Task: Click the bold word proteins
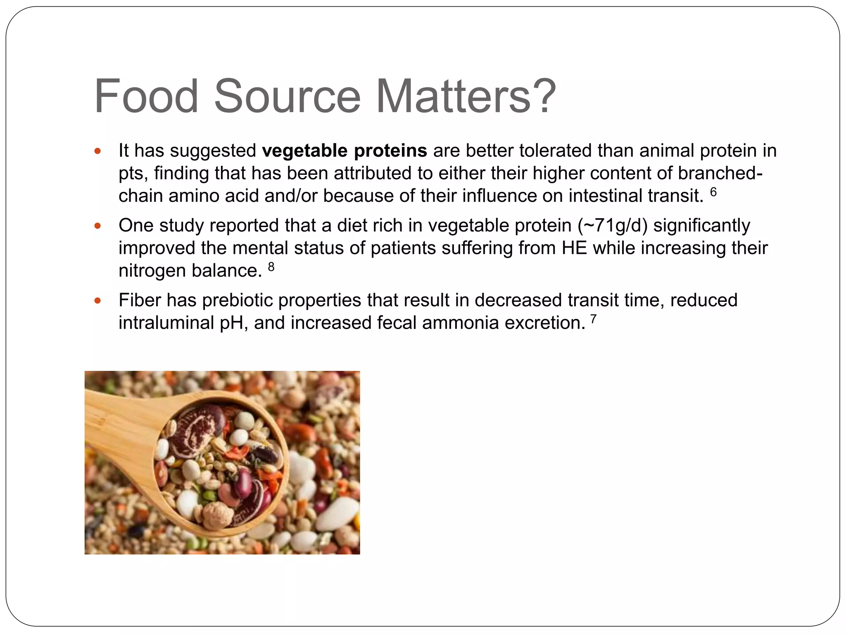pos(390,151)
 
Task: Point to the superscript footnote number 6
pos(713,192)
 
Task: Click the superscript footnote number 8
pos(271,267)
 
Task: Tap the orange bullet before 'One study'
pos(97,226)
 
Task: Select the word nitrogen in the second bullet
pos(152,271)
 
